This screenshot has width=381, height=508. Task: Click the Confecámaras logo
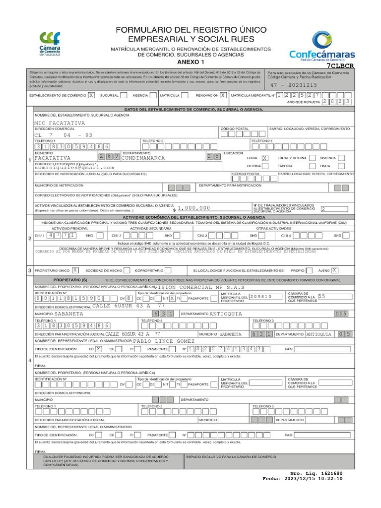click(x=322, y=46)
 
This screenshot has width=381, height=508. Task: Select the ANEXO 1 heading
click(x=190, y=62)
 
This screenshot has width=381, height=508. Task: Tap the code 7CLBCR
click(x=341, y=65)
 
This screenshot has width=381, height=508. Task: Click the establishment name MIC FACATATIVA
click(x=60, y=123)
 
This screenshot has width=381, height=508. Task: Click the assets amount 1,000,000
click(x=193, y=208)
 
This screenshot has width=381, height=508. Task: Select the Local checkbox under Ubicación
click(x=265, y=157)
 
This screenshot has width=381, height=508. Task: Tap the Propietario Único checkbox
click(x=75, y=270)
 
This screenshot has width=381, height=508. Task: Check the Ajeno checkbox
click(x=335, y=270)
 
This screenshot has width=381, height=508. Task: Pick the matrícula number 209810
click(x=261, y=296)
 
